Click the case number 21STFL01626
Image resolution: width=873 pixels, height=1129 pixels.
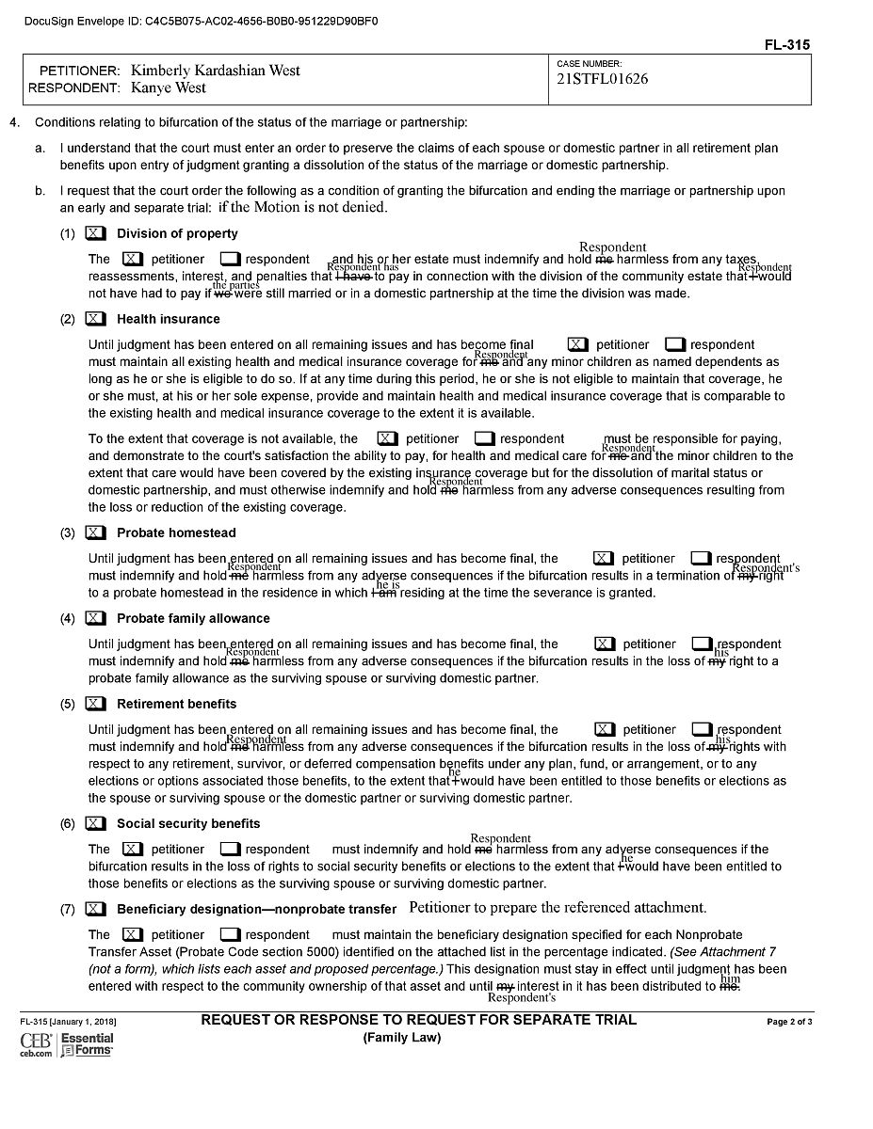click(x=603, y=79)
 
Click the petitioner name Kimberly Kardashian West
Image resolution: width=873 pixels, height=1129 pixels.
click(x=216, y=71)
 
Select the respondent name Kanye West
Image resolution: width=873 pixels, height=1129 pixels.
click(x=169, y=88)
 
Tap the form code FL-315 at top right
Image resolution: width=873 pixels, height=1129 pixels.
click(x=788, y=45)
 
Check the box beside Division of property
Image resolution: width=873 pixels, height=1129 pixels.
click(x=95, y=233)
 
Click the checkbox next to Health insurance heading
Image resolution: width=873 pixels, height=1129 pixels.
click(x=95, y=319)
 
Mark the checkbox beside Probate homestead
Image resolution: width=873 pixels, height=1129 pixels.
click(x=95, y=533)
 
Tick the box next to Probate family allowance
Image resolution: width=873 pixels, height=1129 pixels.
click(x=95, y=618)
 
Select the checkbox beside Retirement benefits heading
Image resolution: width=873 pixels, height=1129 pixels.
click(x=95, y=704)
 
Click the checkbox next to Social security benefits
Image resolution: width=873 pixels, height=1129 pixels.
click(x=95, y=823)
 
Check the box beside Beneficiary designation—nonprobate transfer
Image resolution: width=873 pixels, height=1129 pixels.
click(x=95, y=909)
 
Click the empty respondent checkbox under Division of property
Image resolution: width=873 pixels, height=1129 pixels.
click(x=231, y=259)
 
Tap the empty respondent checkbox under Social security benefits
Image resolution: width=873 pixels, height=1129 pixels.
click(x=231, y=849)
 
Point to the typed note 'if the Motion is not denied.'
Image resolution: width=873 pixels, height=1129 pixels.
click(x=302, y=207)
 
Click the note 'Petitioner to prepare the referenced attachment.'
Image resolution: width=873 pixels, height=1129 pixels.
click(x=558, y=908)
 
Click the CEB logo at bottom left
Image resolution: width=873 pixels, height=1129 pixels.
click(x=36, y=1043)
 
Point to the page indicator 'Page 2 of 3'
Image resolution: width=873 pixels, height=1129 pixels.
click(x=789, y=1022)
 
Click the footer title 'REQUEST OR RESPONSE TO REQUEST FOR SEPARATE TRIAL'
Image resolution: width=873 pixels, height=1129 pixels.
click(x=419, y=1020)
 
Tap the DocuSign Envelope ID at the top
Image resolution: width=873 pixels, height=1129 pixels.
click(x=202, y=20)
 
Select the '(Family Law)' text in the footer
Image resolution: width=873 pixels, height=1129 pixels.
click(x=402, y=1038)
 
